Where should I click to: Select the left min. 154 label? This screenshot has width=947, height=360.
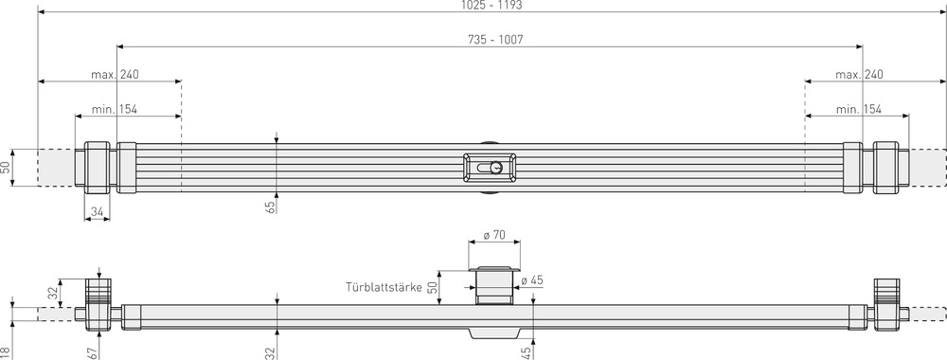(x=115, y=110)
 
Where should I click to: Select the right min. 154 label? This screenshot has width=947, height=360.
(x=860, y=110)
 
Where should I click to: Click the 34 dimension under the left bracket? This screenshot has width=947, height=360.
(x=95, y=211)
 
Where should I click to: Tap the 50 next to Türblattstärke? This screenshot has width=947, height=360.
(x=433, y=286)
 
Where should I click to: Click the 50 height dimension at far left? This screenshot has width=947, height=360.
(x=6, y=168)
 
